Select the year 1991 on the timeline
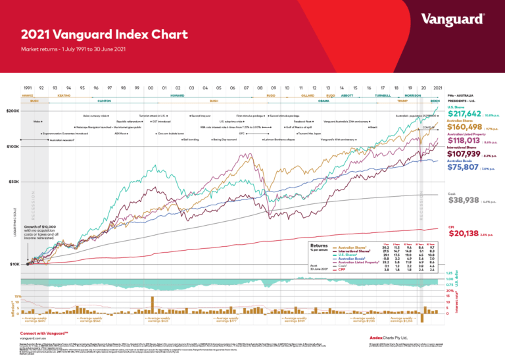28,88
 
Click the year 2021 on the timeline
437,88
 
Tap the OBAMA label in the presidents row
323,101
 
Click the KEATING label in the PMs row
64,95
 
